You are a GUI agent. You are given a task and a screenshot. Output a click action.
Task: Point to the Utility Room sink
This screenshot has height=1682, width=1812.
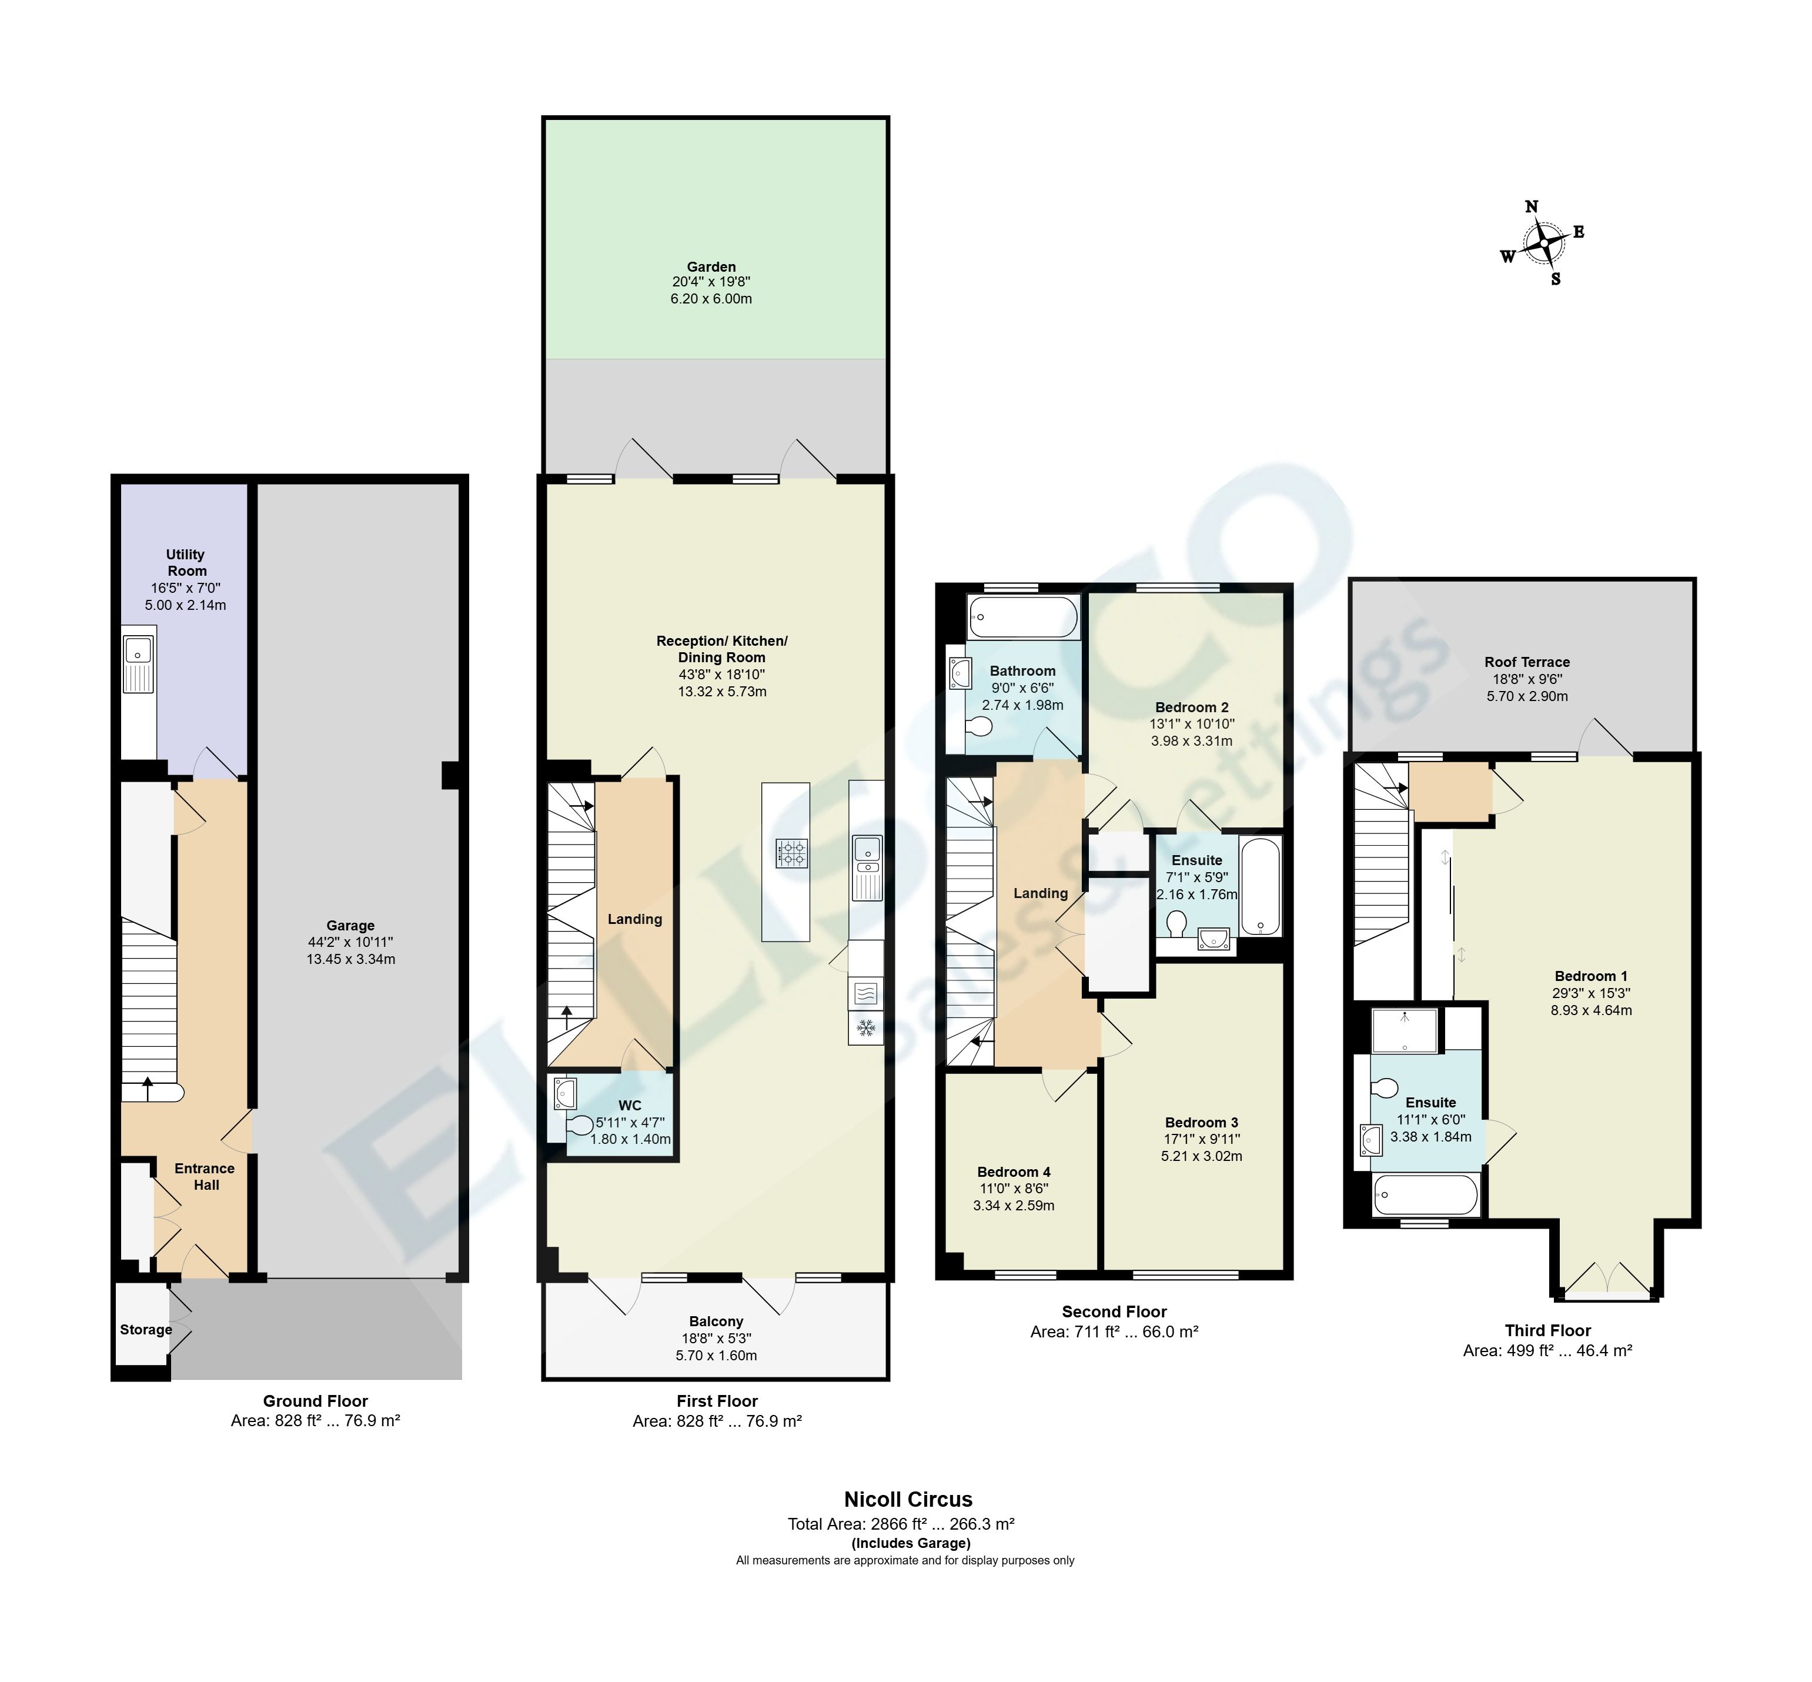[138, 652]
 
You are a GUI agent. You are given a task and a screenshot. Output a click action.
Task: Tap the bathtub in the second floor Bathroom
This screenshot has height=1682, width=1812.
[1023, 617]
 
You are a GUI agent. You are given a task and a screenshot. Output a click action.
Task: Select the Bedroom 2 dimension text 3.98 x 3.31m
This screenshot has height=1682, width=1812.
[1191, 741]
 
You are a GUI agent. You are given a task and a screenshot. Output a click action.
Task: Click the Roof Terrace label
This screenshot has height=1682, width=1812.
[1526, 662]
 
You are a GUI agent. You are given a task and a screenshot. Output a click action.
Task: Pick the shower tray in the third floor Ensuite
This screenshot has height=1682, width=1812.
[1405, 1030]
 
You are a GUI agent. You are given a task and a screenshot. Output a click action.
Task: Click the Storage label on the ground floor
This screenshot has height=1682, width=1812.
[146, 1330]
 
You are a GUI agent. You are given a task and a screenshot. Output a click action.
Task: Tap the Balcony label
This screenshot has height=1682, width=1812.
[716, 1321]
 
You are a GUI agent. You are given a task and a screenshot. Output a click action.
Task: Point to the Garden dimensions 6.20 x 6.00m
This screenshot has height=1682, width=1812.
[711, 299]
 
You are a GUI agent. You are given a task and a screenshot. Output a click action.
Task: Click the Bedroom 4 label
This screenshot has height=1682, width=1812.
[1013, 1172]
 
